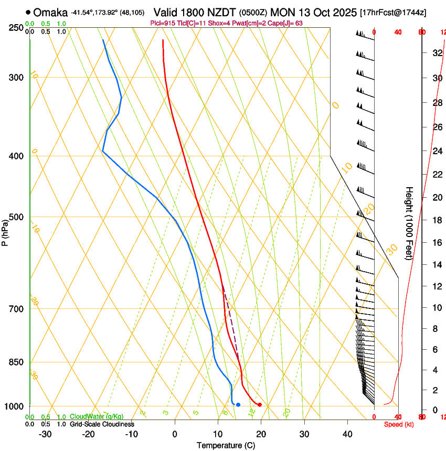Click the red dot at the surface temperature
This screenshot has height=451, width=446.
[x=259, y=404]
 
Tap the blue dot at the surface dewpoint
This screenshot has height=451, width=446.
[x=238, y=404]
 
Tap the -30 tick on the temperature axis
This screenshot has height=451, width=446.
[x=45, y=434]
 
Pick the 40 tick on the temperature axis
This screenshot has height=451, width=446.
[x=347, y=434]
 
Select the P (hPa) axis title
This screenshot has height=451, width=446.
[x=5, y=231]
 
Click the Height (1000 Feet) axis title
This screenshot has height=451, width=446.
[x=409, y=223]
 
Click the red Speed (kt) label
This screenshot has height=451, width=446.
[x=398, y=424]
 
